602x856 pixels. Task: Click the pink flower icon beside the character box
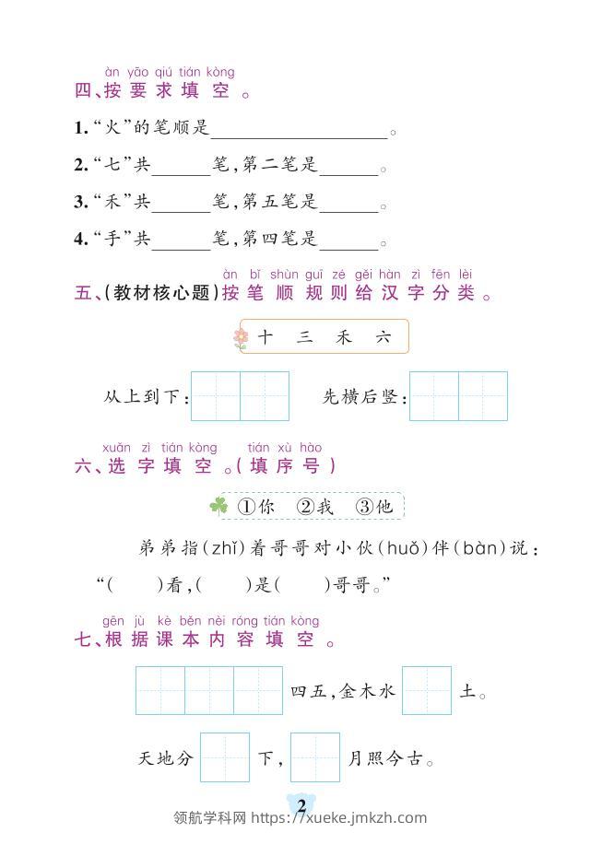241,338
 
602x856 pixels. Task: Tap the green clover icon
218,505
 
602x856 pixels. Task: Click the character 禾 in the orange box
344,338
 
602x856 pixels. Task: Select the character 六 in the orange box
384,338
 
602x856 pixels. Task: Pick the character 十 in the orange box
266,338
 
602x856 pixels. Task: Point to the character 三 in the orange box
305,338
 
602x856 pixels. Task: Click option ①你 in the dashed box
256,506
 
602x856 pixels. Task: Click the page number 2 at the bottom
301,805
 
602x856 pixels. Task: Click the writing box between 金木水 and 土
427,690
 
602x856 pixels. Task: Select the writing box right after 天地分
225,757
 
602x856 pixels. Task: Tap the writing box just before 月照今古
315,757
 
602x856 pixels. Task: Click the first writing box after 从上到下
216,396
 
